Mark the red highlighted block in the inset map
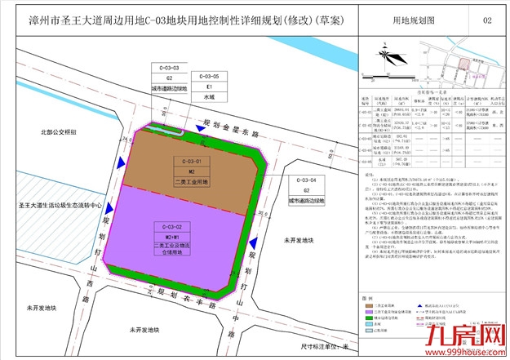point(464,64)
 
